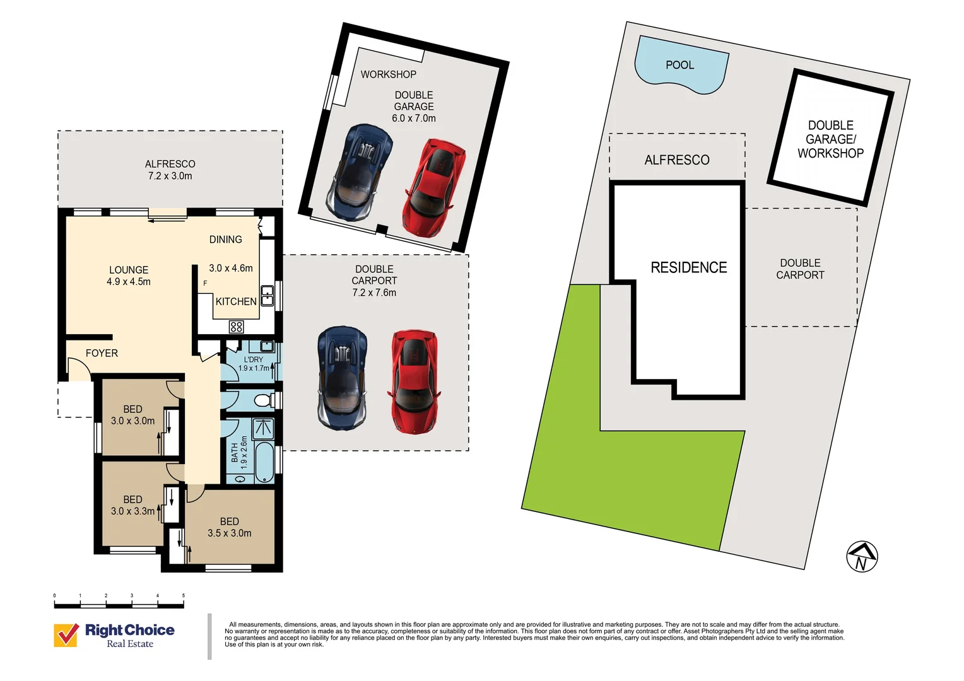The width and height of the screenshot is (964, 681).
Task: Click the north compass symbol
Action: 862,556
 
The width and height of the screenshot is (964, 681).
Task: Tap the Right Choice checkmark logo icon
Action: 66,635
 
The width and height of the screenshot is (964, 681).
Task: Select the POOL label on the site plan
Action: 679,65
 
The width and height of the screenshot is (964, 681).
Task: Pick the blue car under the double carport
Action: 342,378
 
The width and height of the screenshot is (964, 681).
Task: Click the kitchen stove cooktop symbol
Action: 237,327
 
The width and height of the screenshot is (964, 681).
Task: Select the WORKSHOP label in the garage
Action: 388,74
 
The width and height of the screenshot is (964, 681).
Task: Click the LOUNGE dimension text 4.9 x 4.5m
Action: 129,282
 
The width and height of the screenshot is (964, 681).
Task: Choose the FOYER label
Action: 102,353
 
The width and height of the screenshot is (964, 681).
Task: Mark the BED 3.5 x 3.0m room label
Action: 230,527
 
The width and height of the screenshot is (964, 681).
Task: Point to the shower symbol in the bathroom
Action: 262,429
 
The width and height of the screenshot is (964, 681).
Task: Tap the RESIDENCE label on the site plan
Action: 688,267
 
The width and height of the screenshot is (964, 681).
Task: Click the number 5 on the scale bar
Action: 184,595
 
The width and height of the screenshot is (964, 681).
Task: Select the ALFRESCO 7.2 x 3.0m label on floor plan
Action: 170,170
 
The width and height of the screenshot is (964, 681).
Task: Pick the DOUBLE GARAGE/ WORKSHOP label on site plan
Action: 830,139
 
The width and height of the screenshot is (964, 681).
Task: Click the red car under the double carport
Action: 414,381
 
